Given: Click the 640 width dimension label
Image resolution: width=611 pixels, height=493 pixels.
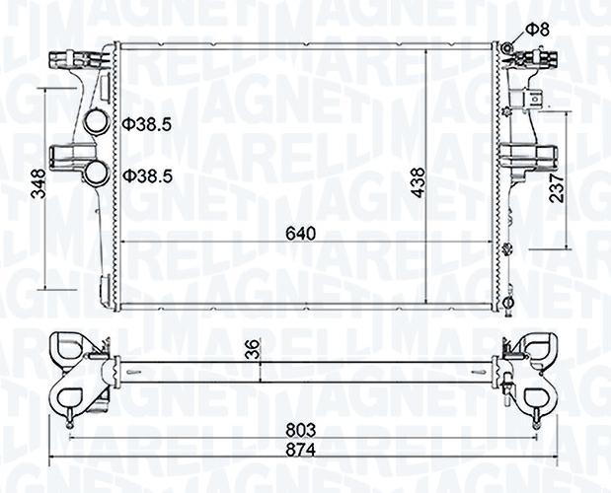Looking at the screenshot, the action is click(300, 234).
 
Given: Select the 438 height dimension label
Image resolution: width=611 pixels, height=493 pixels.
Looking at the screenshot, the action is click(418, 182).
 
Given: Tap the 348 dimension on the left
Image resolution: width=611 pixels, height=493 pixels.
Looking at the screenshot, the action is click(38, 184).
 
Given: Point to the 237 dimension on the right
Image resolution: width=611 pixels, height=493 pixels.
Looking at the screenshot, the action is click(557, 188).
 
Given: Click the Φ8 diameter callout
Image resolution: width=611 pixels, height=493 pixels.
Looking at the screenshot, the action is click(537, 30).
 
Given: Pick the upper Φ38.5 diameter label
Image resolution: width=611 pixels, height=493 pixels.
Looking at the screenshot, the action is click(147, 124).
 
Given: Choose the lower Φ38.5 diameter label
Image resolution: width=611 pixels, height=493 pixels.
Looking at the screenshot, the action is click(147, 176).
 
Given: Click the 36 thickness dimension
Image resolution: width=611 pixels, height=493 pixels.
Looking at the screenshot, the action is click(253, 349).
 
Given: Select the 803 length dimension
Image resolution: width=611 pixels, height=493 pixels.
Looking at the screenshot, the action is click(300, 430).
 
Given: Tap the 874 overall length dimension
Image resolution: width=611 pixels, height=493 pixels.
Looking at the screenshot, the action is click(300, 450).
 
